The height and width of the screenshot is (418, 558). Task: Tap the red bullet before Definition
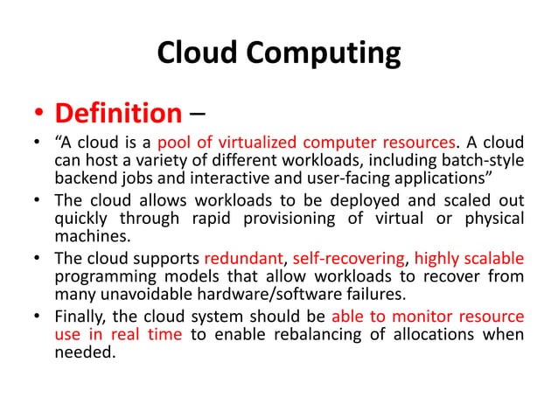click(38, 115)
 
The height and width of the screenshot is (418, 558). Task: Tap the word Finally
click(82, 317)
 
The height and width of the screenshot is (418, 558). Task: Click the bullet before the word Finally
click(37, 317)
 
